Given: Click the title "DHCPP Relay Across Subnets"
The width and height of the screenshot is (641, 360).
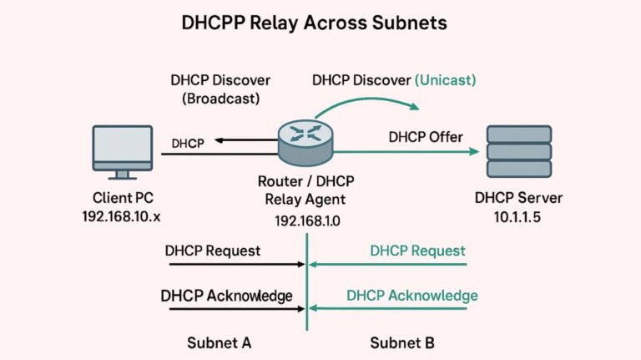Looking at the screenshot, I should [x=314, y=23].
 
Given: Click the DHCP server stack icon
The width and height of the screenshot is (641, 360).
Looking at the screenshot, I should [x=518, y=151].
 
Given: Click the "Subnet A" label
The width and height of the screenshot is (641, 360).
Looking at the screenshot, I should [x=219, y=342].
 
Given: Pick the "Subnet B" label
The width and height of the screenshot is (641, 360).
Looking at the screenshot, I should [x=402, y=342].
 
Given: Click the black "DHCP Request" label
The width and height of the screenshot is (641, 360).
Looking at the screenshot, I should [x=213, y=251].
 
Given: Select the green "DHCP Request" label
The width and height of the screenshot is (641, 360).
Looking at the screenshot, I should [x=417, y=251].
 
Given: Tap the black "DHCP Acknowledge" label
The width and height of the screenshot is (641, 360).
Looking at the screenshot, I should [x=226, y=296].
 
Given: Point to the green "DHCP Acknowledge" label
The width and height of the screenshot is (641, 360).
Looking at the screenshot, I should [x=412, y=296].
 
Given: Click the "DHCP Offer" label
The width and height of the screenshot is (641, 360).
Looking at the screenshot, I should [x=426, y=136].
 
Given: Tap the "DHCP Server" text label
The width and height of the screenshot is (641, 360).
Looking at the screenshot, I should [x=518, y=199].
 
